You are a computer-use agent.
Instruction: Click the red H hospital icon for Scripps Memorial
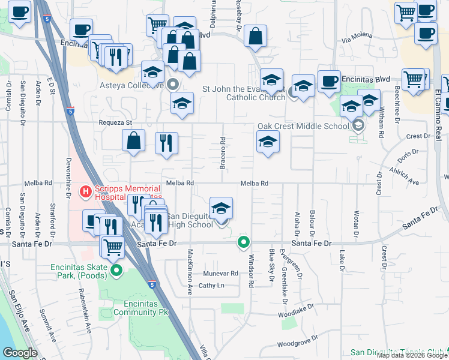(x=85, y=191)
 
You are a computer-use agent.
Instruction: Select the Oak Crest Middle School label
(x=303, y=127)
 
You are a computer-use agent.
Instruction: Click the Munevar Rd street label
(x=221, y=273)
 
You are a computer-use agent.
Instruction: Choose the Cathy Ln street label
(x=211, y=286)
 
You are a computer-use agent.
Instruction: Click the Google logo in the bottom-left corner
(x=20, y=353)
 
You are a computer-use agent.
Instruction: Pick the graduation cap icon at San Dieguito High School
(x=221, y=208)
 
